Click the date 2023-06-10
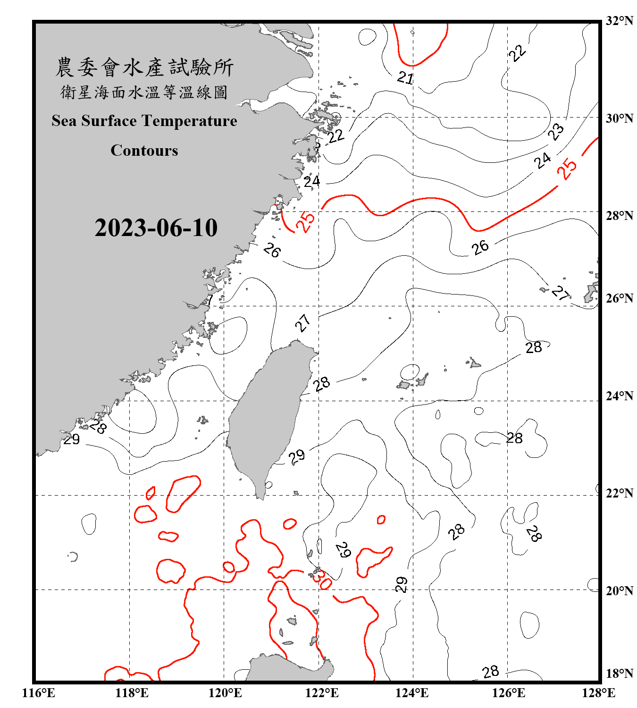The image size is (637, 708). tap(156, 228)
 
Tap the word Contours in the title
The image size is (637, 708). tap(144, 151)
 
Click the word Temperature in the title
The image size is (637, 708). tap(188, 121)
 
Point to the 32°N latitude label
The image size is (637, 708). tap(619, 21)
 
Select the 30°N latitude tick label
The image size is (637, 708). tap(619, 118)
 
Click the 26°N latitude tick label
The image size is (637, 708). tap(619, 298)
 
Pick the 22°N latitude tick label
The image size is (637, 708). tap(619, 493)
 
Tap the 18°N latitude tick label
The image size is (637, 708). tap(619, 673)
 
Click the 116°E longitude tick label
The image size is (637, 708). tap(39, 693)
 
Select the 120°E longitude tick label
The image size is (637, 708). tap(225, 693)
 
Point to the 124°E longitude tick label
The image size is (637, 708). tap(412, 693)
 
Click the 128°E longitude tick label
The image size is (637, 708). tap(598, 693)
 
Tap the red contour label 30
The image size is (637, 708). tap(323, 579)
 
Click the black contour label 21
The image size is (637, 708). tap(405, 77)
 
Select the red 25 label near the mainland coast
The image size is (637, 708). tap(305, 222)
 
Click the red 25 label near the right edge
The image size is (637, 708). tap(567, 169)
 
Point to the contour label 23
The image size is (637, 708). tap(556, 132)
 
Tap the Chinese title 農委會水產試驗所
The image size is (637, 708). tap(144, 67)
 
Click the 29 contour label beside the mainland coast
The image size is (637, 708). tap(72, 439)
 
